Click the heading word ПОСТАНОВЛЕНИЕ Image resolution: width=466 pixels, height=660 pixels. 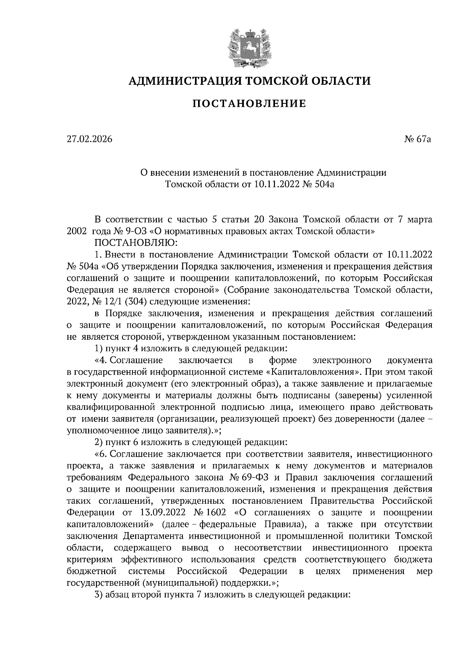pyautogui.click(x=249, y=104)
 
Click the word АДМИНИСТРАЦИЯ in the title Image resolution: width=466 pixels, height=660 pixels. pyautogui.click(x=180, y=81)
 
